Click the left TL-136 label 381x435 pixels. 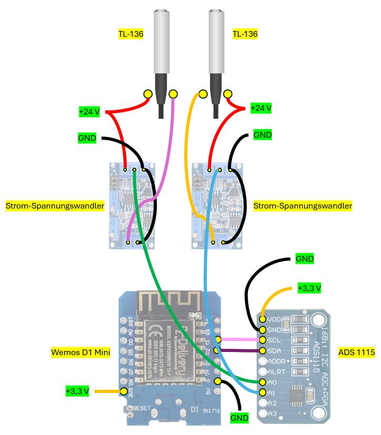click(131, 35)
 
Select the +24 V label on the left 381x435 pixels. click(89, 112)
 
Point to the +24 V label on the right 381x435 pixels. click(261, 108)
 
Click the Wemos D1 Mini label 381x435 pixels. click(80, 352)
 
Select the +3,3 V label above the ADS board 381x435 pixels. click(309, 288)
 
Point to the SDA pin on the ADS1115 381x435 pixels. click(263, 351)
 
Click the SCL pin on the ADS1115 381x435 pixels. click(263, 340)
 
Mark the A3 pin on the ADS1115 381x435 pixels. click(263, 414)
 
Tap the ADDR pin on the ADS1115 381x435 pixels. click(263, 361)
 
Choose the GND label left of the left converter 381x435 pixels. click(87, 139)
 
